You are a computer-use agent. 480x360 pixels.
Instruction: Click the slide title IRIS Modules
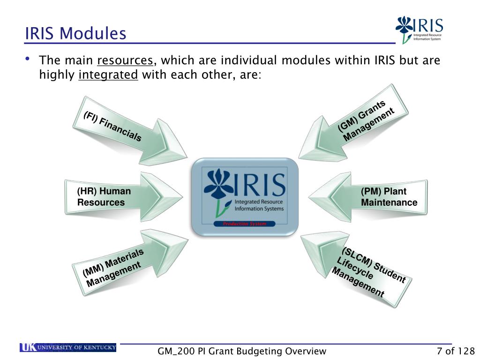click(x=76, y=33)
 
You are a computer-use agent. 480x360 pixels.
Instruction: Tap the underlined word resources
click(x=125, y=61)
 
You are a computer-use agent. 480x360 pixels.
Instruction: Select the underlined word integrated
click(x=108, y=75)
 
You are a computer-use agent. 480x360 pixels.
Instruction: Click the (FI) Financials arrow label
click(x=112, y=126)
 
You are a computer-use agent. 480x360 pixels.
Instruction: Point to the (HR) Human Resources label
click(x=104, y=197)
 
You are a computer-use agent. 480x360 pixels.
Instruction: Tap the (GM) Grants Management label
click(x=366, y=120)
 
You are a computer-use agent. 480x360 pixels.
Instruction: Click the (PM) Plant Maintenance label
click(x=389, y=197)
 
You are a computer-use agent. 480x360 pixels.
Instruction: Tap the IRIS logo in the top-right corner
click(x=419, y=29)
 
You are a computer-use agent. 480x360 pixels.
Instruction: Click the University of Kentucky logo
click(x=68, y=347)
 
